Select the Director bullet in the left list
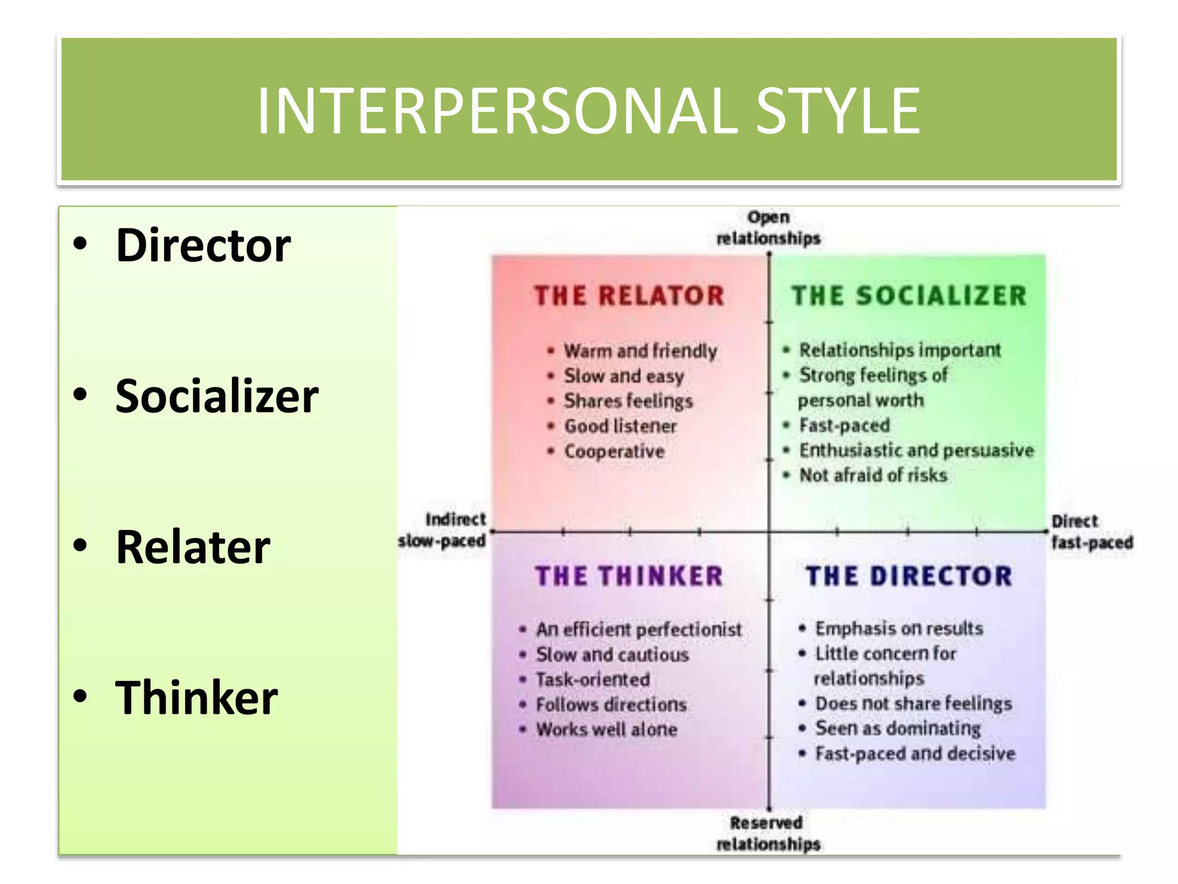point(203,246)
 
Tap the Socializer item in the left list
point(217,397)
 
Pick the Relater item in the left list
point(193,547)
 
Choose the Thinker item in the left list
point(196,698)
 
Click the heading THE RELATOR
point(629,296)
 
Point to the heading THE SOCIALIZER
point(909,296)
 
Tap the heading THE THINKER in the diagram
point(629,576)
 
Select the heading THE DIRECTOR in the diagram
point(909,576)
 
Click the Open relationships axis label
point(768,228)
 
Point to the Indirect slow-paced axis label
point(442,530)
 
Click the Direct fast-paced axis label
point(1091,532)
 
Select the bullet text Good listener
point(620,426)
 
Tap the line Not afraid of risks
point(873,475)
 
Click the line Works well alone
point(607,730)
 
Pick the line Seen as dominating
point(898,729)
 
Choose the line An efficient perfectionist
point(638,630)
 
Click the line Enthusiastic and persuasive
point(916,450)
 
